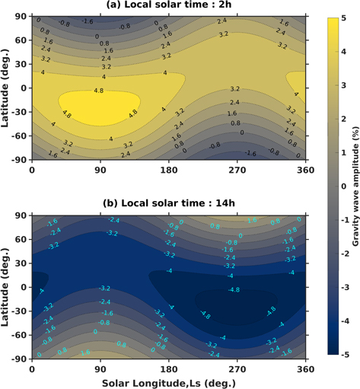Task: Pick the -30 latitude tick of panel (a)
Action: point(19,112)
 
